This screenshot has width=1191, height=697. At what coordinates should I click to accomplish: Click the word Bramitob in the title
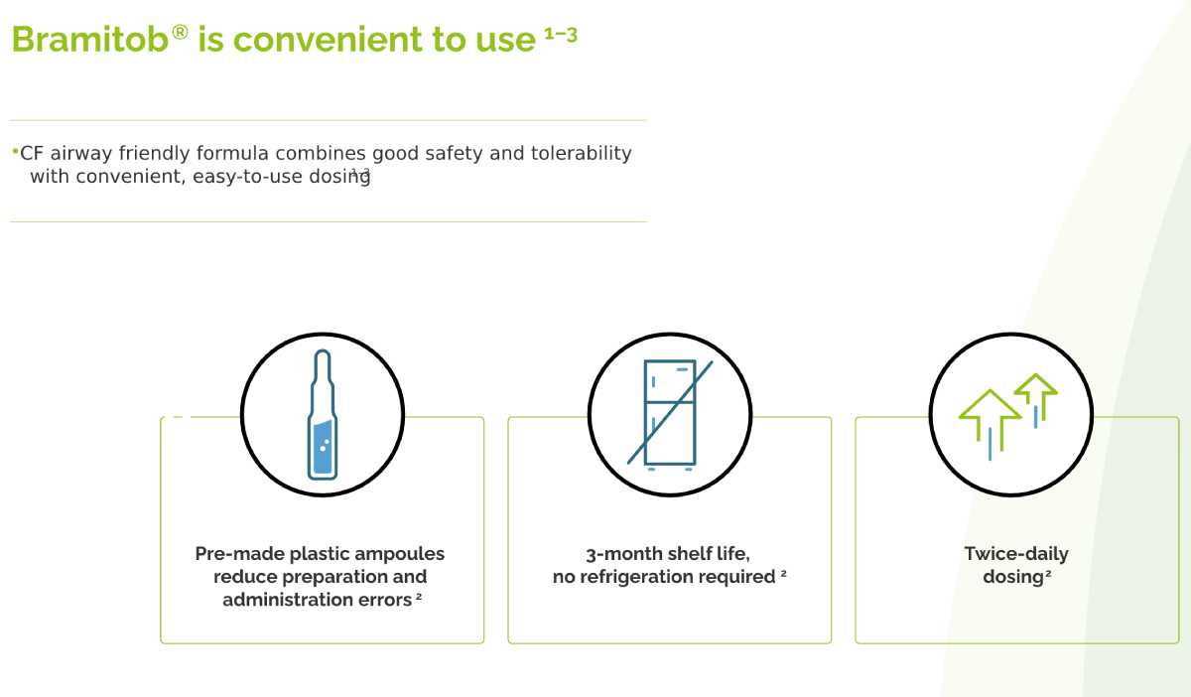(x=90, y=40)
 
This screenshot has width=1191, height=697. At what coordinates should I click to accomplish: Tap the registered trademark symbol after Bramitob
(x=181, y=33)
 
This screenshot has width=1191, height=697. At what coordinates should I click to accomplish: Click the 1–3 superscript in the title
(x=561, y=35)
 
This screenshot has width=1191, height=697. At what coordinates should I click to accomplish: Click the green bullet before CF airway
(x=16, y=152)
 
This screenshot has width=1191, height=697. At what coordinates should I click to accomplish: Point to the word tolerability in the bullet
(x=582, y=153)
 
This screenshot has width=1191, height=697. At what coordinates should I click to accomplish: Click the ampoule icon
(x=323, y=414)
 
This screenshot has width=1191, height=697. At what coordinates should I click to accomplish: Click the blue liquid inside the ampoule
(x=324, y=447)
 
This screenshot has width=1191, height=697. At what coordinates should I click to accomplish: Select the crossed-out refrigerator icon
(x=670, y=415)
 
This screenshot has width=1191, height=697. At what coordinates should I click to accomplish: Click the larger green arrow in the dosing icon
(x=990, y=420)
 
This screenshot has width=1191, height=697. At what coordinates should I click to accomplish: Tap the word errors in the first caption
(x=385, y=600)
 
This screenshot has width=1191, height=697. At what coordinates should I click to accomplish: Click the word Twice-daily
(x=1016, y=554)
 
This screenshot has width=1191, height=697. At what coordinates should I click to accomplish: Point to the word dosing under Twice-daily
(x=1013, y=577)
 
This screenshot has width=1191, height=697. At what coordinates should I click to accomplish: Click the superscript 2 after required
(x=783, y=573)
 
